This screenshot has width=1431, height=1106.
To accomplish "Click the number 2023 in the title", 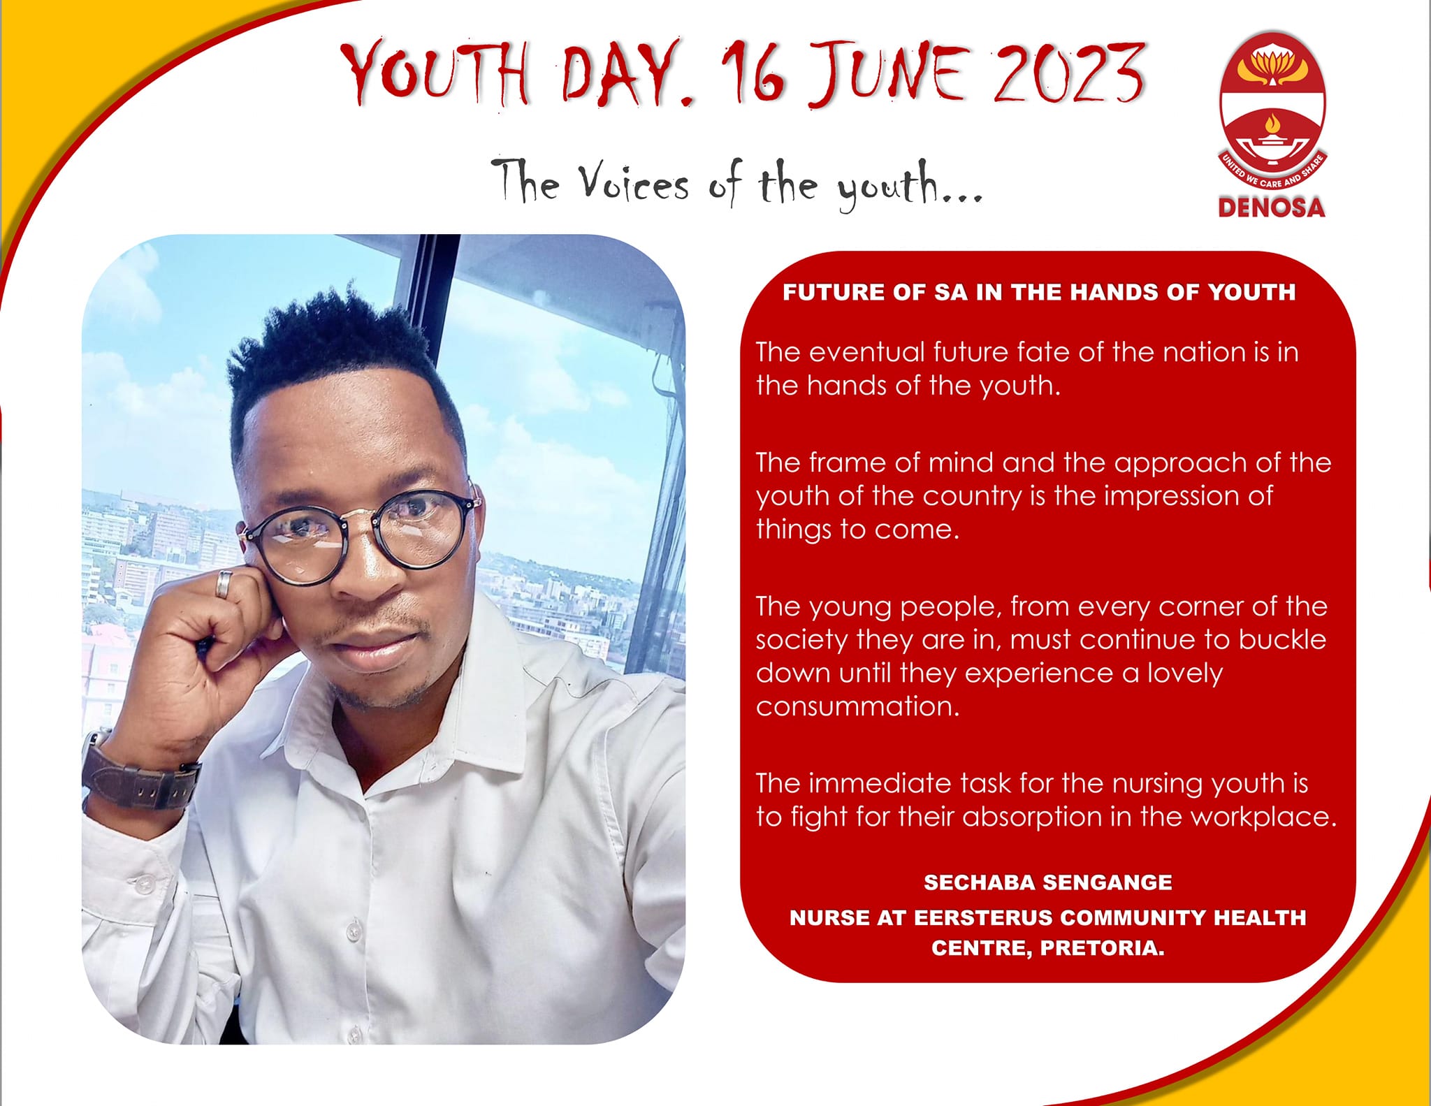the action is pos(1068,72).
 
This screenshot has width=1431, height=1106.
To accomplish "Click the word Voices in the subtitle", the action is pos(633,183).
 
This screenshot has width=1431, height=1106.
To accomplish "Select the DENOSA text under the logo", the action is pos(1271,208).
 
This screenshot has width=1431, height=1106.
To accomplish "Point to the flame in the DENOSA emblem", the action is pos(1271,124).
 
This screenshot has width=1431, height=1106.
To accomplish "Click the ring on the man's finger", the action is pos(223,584).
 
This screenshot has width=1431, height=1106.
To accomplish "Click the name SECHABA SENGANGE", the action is pos(1047,882).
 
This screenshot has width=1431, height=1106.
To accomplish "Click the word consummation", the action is pos(858,706).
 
